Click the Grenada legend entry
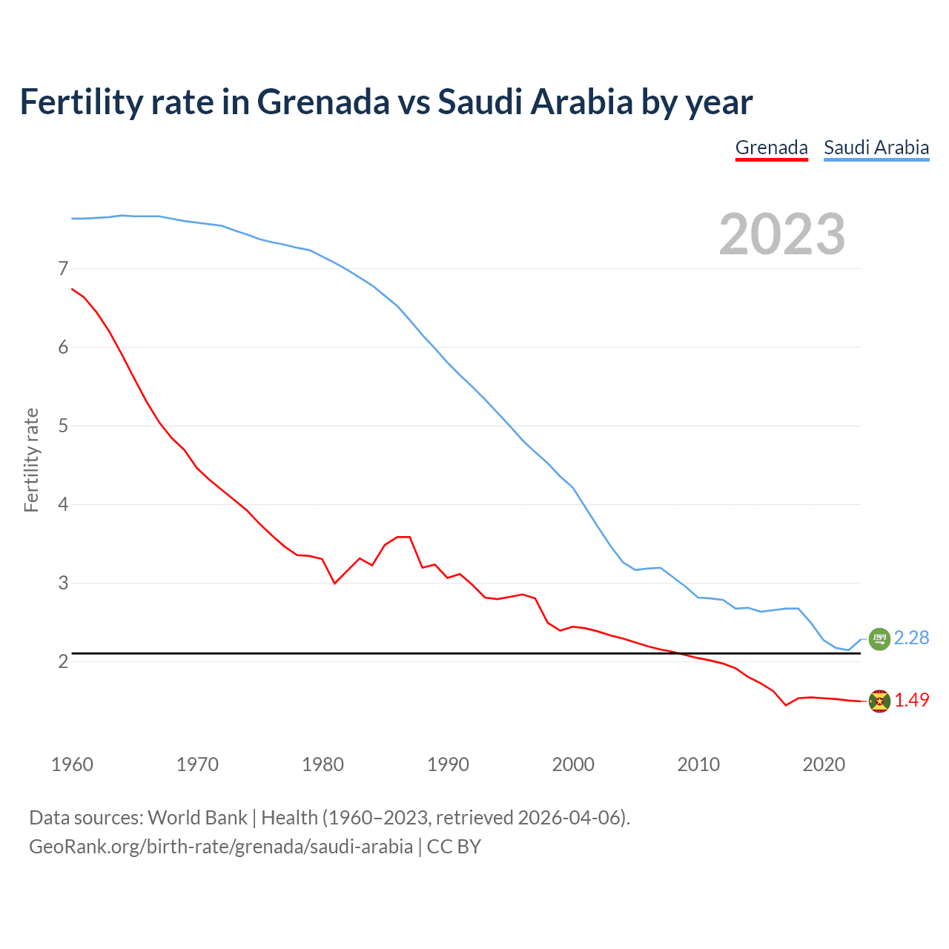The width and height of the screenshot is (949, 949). (771, 148)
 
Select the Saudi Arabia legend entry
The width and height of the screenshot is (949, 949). (876, 148)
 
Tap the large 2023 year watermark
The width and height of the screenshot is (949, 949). (782, 234)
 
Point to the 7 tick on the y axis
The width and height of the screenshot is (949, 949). (63, 268)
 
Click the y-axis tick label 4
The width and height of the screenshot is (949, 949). (63, 504)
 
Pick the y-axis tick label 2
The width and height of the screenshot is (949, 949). (63, 661)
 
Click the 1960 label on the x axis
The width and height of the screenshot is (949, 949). (72, 764)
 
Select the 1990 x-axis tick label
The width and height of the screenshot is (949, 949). (448, 764)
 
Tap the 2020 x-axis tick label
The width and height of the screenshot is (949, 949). (824, 764)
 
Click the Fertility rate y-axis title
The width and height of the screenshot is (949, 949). (31, 460)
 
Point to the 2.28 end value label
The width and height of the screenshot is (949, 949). (911, 638)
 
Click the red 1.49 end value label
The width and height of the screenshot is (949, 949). (911, 700)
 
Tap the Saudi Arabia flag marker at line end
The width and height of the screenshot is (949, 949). (879, 638)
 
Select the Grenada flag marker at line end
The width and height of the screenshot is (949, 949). (879, 701)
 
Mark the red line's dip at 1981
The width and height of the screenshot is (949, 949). (334, 583)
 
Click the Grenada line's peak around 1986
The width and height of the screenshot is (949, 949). (403, 537)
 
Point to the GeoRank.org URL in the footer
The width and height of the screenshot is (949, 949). (220, 846)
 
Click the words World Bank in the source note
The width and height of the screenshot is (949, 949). (197, 818)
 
